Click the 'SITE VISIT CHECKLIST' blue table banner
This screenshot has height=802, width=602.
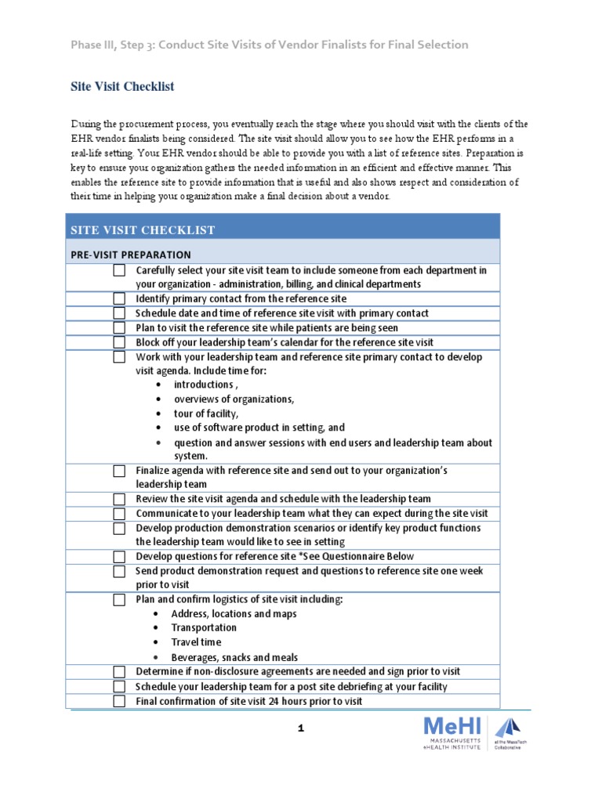(x=143, y=229)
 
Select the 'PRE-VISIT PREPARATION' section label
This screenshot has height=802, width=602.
(x=131, y=255)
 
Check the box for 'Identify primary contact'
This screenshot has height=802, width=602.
(x=118, y=298)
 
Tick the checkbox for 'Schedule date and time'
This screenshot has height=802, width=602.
(x=118, y=313)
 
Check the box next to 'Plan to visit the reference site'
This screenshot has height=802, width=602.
(x=118, y=327)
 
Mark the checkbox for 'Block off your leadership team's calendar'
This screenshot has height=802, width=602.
(x=118, y=342)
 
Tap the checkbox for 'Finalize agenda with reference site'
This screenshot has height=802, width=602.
(x=118, y=471)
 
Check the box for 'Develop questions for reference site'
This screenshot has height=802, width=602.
(x=118, y=557)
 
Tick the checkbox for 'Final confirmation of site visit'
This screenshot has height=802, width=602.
(x=118, y=701)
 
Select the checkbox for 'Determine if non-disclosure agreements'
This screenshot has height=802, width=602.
(x=118, y=672)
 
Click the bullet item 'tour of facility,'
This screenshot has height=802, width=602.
(x=206, y=414)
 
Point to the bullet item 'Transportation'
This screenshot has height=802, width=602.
(x=203, y=628)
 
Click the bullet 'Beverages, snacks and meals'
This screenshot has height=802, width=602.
(x=234, y=658)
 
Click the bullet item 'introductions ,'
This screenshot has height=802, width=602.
(x=206, y=385)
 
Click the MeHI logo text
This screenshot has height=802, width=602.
(x=451, y=726)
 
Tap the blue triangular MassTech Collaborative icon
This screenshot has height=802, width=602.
(x=507, y=727)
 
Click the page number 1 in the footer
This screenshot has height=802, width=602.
(x=300, y=728)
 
